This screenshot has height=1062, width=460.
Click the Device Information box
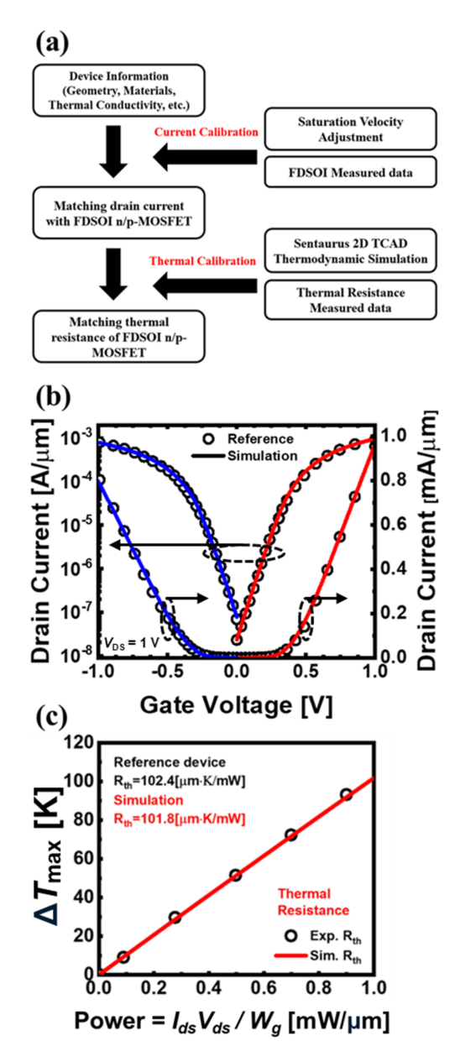click(x=118, y=90)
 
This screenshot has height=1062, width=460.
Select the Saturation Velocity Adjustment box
click(x=350, y=129)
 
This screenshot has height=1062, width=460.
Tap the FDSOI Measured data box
click(x=350, y=172)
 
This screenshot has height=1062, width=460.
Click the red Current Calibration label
click(x=206, y=132)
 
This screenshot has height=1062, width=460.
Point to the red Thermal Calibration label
click(x=202, y=261)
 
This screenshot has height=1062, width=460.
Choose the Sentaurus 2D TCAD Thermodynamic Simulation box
click(x=350, y=251)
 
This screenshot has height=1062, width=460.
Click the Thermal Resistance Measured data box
click(x=350, y=300)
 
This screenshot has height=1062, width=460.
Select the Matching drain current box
click(x=118, y=213)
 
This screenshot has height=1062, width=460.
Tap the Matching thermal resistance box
click(x=118, y=337)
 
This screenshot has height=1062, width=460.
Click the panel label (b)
click(x=53, y=397)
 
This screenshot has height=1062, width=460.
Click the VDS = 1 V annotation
click(x=131, y=643)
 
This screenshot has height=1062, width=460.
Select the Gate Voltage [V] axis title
click(x=236, y=705)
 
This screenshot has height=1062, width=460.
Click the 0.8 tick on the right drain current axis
click(x=394, y=479)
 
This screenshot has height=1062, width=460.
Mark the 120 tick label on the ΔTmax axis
click(x=79, y=742)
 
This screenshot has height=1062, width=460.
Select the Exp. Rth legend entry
click(x=323, y=936)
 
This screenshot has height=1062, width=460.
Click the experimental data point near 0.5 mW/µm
click(x=236, y=875)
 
